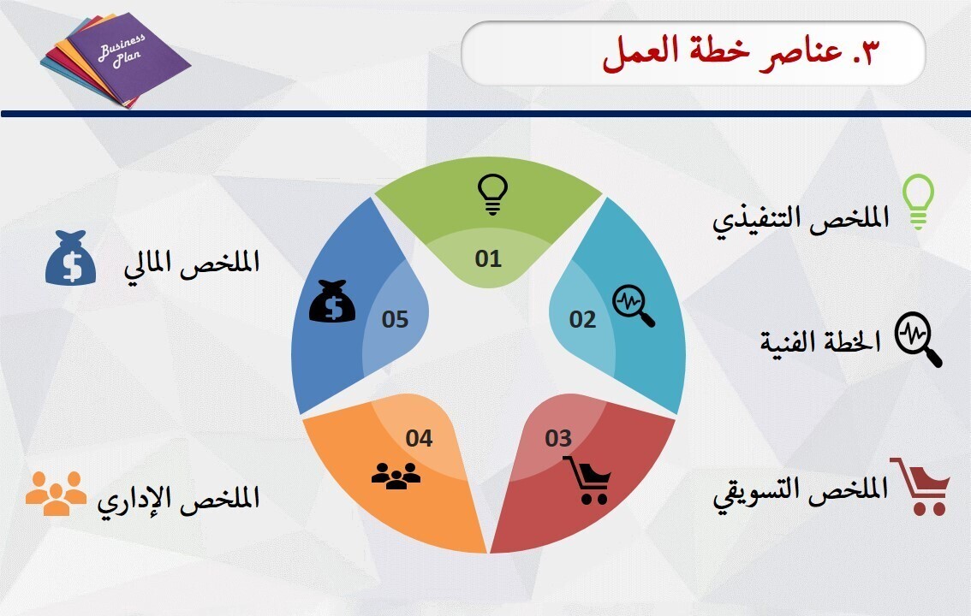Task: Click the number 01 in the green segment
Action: (x=488, y=258)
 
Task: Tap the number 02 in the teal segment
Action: (x=582, y=319)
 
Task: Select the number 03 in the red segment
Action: (x=558, y=439)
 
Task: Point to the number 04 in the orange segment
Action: (x=419, y=439)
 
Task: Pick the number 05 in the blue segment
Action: (x=395, y=319)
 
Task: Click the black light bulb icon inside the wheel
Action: (x=492, y=194)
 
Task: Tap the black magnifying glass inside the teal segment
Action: (x=634, y=305)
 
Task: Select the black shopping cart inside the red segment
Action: (x=587, y=480)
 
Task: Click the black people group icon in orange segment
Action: (x=396, y=476)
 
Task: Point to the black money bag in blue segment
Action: (x=332, y=301)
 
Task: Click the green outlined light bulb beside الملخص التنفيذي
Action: (x=919, y=202)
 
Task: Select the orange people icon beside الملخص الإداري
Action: (x=56, y=494)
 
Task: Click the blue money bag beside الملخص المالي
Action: (x=70, y=258)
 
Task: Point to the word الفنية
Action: (x=786, y=341)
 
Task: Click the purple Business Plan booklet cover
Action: (x=128, y=59)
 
